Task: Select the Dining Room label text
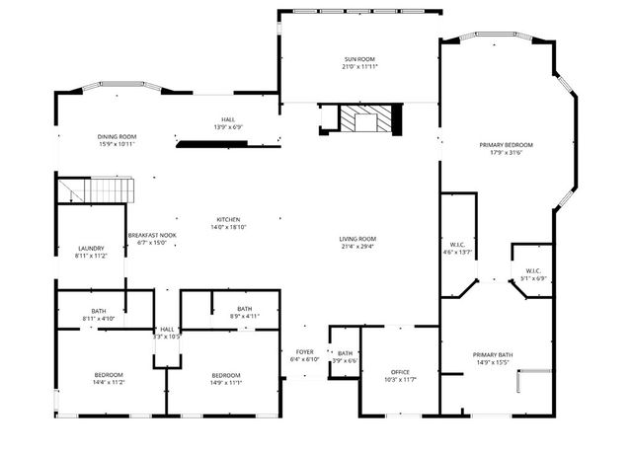point(117,136)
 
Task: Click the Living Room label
point(357,239)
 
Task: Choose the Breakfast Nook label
point(152,235)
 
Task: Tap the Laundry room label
point(91,248)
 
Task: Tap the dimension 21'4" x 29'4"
point(357,247)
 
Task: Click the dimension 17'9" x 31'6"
point(507,153)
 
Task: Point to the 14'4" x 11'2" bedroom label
point(109,375)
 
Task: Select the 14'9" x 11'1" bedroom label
point(226,375)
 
